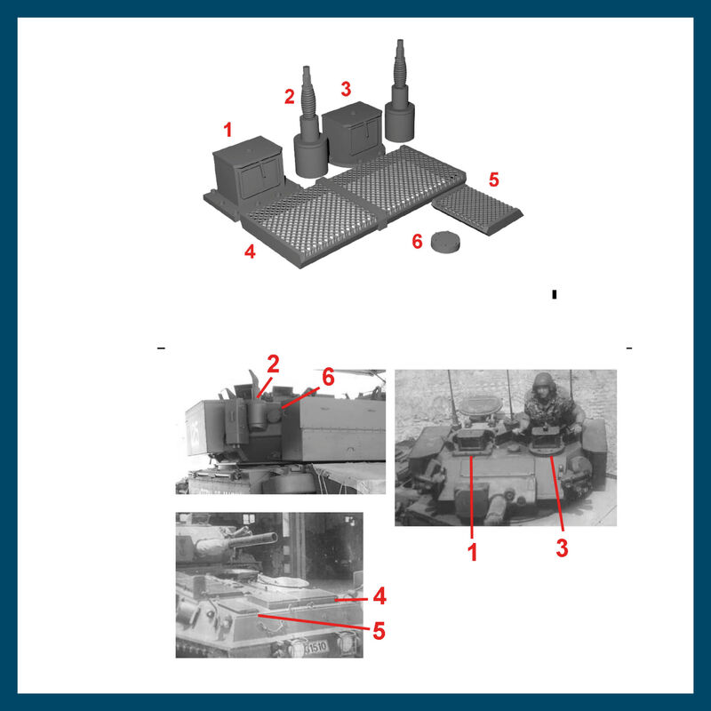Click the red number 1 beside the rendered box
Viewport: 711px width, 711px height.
click(228, 130)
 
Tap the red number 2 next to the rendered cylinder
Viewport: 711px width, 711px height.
click(290, 96)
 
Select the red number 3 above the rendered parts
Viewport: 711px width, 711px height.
click(346, 89)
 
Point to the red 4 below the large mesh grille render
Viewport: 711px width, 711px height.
click(250, 252)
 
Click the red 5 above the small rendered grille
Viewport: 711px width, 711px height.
click(494, 180)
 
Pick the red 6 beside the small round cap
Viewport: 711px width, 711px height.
click(417, 241)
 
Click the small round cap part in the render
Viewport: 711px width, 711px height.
click(445, 241)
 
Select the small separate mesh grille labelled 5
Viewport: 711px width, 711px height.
click(477, 210)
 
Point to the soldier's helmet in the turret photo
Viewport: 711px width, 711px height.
click(544, 382)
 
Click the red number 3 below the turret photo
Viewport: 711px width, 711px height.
click(562, 547)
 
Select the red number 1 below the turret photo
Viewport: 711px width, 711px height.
click(473, 552)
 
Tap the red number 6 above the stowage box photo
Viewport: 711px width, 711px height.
click(328, 377)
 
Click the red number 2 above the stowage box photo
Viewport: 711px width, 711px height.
click(273, 364)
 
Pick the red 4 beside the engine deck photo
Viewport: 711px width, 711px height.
click(379, 596)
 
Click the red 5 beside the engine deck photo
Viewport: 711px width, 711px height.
click(379, 631)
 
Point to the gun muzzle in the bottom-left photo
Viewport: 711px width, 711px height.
click(271, 538)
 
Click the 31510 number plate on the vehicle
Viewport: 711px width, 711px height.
click(316, 647)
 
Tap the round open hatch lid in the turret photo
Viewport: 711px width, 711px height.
click(481, 404)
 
